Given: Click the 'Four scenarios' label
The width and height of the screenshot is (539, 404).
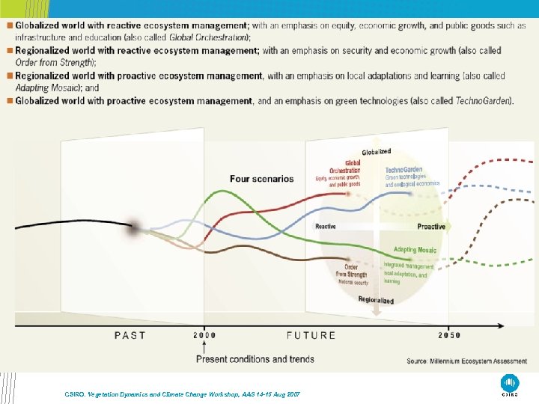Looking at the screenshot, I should coord(262,179).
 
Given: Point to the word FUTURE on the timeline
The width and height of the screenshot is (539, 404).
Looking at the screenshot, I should coord(311,335).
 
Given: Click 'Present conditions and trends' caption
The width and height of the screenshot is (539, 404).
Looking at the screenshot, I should coord(255,359).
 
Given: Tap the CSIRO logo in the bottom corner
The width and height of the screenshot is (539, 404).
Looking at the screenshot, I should coord(510,383).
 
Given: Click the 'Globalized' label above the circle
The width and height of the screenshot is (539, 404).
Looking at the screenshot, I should coord(376,153).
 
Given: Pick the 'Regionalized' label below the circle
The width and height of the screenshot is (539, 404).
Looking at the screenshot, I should coord(375,300).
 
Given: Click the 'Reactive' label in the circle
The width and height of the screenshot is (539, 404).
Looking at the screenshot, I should coord(326,227).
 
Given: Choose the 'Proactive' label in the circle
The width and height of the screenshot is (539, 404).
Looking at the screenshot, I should coord(430,227).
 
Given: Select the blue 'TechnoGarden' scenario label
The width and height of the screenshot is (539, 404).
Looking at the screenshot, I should coord(404,170).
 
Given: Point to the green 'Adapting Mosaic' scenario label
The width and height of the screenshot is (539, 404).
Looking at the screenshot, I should coord(415,250).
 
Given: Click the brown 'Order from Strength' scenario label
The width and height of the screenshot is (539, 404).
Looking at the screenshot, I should coord(351,271).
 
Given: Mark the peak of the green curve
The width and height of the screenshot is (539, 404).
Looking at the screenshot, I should coord(219,192).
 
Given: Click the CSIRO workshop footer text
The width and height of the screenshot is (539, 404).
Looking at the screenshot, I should coord(181,394).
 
